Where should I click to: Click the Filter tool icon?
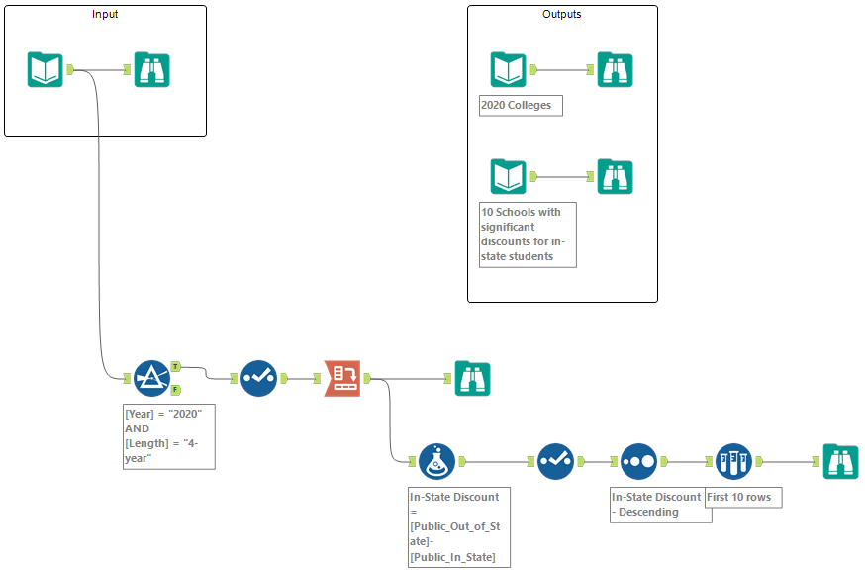[152, 378]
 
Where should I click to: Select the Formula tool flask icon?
[436, 461]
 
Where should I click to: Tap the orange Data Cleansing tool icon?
[342, 378]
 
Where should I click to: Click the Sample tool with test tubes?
[733, 461]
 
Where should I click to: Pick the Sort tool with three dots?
[639, 461]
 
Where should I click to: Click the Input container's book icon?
[46, 70]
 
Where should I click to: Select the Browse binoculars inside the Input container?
[152, 70]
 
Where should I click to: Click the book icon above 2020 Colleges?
[508, 70]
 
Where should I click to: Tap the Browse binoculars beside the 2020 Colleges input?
[615, 70]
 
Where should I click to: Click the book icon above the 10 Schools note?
[508, 177]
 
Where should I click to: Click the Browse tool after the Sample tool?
[840, 461]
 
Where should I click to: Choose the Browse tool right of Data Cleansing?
[472, 378]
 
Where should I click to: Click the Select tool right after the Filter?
[258, 378]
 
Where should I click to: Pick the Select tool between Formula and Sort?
[555, 461]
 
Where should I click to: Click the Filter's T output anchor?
[175, 366]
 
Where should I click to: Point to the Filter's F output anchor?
[175, 389]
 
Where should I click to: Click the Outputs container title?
[561, 15]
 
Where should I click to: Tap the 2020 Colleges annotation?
[521, 106]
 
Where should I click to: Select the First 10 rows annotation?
[743, 497]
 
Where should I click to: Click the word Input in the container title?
[105, 15]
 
